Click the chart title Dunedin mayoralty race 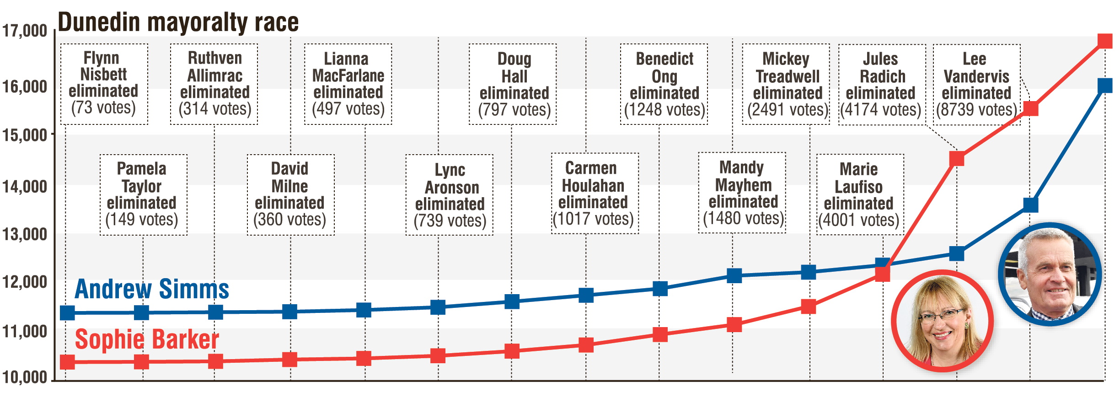(178, 22)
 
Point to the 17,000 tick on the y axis (25, 31)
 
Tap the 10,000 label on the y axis (25, 377)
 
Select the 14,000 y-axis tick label (25, 187)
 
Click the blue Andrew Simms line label (152, 289)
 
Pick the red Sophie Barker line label (147, 339)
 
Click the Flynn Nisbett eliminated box (104, 84)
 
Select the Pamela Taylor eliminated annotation (143, 195)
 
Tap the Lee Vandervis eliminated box (976, 84)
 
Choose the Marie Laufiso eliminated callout (860, 195)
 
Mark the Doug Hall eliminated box (513, 84)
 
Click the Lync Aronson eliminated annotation (449, 195)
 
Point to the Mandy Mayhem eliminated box (742, 193)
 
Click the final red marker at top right (1105, 41)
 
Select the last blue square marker (1105, 86)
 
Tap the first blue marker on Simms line (67, 313)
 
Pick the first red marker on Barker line (67, 362)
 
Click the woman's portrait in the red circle (943, 321)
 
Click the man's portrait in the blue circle (1050, 274)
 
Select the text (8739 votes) (976, 110)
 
